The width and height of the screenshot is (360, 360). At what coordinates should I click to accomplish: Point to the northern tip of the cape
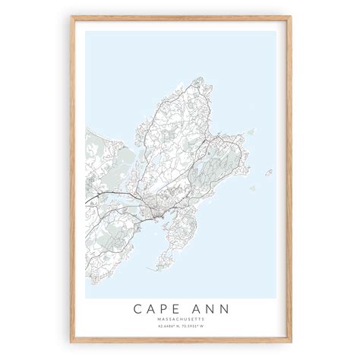pyautogui.click(x=198, y=78)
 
